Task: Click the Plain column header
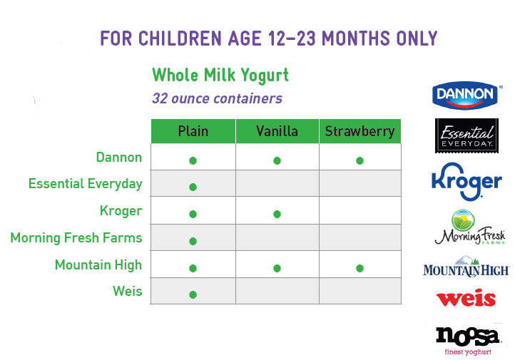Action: (x=193, y=131)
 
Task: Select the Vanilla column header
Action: (x=277, y=131)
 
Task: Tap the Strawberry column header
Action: (x=360, y=131)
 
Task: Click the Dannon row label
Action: (x=119, y=158)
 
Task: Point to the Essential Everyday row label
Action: (x=86, y=184)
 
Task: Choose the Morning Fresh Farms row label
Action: (x=76, y=238)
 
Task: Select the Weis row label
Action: (x=128, y=291)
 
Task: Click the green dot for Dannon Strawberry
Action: (x=360, y=161)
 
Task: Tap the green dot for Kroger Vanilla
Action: (x=277, y=215)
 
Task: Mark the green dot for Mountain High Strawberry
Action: (x=360, y=269)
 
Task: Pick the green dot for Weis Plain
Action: (x=193, y=294)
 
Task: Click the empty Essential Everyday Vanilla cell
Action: (x=277, y=183)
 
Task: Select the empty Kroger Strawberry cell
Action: (x=360, y=210)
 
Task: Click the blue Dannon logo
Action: (x=466, y=96)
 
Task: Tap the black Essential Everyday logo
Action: (x=466, y=136)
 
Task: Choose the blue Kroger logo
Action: (x=466, y=182)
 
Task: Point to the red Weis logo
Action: (x=466, y=298)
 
